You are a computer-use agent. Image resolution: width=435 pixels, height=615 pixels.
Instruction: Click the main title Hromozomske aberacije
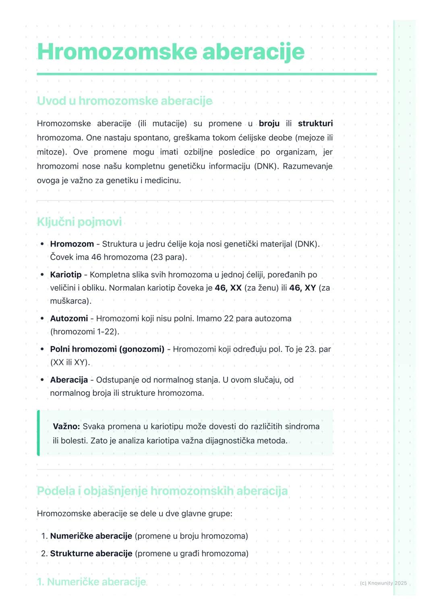click(171, 52)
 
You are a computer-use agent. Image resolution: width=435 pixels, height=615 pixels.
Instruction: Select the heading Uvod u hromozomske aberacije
click(124, 101)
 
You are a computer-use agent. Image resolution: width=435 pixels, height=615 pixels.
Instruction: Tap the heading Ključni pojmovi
click(79, 222)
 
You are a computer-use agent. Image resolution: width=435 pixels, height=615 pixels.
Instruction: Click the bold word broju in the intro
click(269, 124)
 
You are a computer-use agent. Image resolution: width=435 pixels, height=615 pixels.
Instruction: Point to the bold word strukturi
click(315, 124)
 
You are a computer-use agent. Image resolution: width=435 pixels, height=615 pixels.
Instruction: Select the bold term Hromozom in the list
click(72, 244)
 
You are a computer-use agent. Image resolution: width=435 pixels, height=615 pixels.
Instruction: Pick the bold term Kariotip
click(66, 274)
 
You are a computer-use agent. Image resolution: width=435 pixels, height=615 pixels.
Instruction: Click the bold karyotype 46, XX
click(228, 288)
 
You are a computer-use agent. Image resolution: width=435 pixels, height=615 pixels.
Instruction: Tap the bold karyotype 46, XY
click(302, 288)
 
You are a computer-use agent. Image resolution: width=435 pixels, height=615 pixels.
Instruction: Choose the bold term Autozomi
click(69, 318)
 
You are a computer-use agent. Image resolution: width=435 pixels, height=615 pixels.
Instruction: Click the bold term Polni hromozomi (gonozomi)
click(107, 349)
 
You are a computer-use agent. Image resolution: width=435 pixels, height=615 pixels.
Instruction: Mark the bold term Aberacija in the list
click(69, 380)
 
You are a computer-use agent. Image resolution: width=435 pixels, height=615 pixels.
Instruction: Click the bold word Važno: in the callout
click(66, 426)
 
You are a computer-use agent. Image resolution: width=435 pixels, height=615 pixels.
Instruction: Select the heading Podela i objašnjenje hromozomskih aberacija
click(162, 491)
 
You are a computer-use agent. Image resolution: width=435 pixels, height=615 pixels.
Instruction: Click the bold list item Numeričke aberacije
click(91, 536)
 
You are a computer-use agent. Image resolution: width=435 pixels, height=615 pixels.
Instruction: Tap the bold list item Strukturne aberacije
click(91, 553)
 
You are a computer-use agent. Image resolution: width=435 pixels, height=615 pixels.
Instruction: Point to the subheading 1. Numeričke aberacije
click(91, 582)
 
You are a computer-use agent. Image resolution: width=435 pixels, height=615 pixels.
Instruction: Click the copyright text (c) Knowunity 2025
click(383, 583)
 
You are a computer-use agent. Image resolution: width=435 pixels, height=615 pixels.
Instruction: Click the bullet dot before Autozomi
click(42, 318)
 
